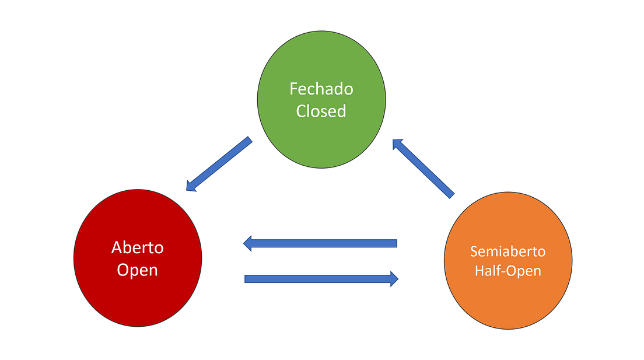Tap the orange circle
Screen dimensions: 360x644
(508, 292)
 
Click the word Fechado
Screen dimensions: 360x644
(321, 89)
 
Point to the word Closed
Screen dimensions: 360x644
(321, 111)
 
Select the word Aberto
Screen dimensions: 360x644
(138, 247)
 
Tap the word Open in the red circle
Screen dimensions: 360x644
(138, 270)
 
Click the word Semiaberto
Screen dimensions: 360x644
(508, 251)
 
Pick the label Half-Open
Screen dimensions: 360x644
(508, 271)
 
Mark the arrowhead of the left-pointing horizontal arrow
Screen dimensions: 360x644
(247, 243)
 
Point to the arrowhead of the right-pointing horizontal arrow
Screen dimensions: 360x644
(394, 279)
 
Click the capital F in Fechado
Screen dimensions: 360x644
(293, 89)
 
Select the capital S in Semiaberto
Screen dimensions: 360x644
(473, 251)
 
